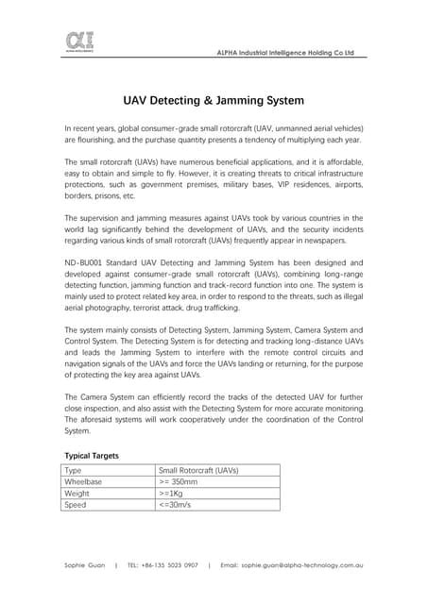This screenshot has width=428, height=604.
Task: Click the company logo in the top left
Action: [79, 42]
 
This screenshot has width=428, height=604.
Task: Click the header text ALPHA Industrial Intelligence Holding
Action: [286, 53]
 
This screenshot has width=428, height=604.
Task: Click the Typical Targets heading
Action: [92, 455]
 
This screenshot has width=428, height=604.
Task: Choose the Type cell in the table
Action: [73, 469]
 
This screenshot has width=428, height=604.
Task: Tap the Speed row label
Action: [75, 504]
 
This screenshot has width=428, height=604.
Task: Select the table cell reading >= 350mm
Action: [179, 480]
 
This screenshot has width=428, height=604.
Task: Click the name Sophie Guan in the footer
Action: [84, 564]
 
